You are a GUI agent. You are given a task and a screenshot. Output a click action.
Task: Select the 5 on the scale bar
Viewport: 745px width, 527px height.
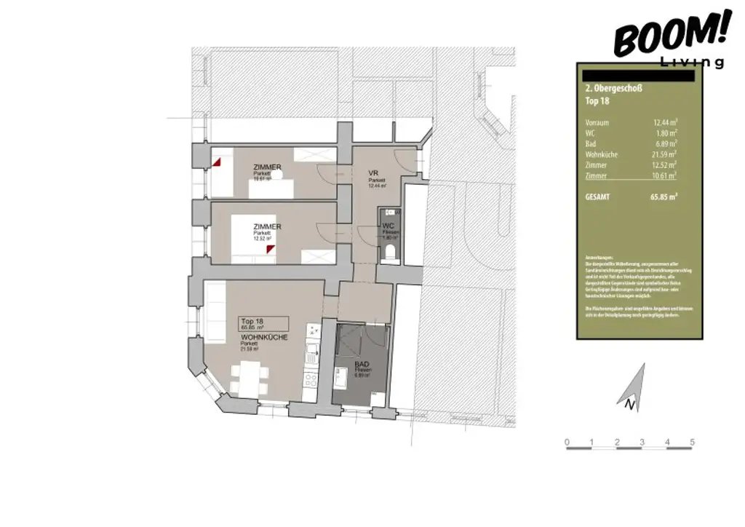692,442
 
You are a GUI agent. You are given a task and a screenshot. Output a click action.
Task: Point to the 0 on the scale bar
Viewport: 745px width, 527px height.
567,442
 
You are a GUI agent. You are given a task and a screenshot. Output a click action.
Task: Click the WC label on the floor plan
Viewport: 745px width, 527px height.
389,226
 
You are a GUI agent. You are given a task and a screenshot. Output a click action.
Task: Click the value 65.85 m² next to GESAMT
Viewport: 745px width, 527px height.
663,196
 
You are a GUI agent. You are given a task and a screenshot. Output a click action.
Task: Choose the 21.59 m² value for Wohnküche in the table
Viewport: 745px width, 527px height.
664,154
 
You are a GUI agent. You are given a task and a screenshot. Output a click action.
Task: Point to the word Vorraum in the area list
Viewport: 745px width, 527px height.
597,122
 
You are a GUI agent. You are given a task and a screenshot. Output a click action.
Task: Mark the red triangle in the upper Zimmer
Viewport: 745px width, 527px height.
217,162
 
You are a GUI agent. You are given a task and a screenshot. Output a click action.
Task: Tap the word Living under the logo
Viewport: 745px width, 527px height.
693,62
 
